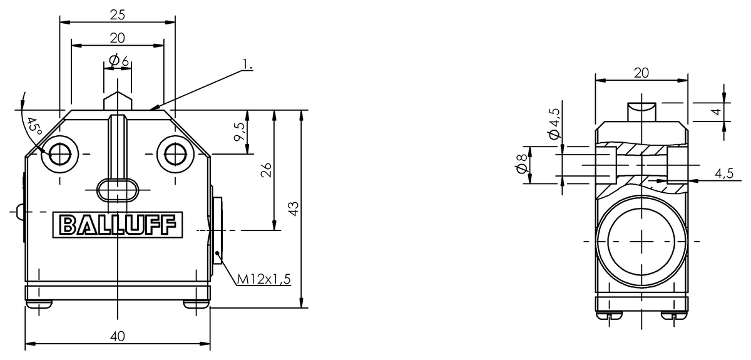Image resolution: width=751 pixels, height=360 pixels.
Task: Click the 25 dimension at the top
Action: coord(117,13)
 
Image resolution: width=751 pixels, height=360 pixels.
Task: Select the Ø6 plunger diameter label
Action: coord(118,60)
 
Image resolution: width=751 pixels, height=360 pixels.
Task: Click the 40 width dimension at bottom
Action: coord(117,336)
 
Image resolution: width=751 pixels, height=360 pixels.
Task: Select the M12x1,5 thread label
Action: coord(264,279)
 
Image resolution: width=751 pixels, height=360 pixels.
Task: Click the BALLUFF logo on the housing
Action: coord(118,225)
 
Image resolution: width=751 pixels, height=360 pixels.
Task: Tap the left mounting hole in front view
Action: coord(60,154)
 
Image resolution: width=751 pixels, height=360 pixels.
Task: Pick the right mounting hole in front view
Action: coord(175,154)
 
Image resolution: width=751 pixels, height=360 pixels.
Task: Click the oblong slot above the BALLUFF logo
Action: coord(118,188)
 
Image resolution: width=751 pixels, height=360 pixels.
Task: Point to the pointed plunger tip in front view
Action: coord(118,100)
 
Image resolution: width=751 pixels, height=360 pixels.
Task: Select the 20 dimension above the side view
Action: coord(641,73)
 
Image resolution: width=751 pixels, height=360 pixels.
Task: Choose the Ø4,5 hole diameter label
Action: coord(554,123)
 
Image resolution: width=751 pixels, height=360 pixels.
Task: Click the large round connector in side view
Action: coord(641,241)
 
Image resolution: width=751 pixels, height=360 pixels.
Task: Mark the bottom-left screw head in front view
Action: coord(39,304)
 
